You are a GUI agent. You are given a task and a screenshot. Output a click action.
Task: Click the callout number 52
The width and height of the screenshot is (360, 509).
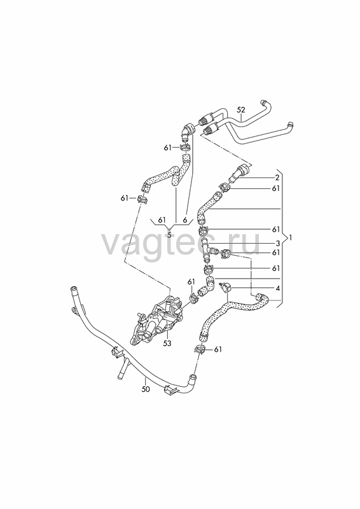point(240,110)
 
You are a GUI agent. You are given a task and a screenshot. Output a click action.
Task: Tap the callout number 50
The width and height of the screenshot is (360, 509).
point(146,389)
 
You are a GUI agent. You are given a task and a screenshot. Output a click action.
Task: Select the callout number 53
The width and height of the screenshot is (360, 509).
point(167,343)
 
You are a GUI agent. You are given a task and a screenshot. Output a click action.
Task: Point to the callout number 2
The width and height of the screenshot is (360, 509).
point(277,178)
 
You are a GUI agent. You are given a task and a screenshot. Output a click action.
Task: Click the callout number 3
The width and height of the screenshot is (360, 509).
point(277,243)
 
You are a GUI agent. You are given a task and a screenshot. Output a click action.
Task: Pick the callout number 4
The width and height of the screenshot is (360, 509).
point(277,288)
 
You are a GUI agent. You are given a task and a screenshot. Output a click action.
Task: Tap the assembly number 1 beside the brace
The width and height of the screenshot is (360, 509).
point(291,238)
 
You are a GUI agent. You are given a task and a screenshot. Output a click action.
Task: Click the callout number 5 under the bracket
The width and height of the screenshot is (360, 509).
point(169,235)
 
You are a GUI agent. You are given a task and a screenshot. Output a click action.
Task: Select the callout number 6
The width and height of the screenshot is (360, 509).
point(184,220)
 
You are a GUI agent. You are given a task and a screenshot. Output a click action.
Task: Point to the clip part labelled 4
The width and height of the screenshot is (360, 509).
point(226,288)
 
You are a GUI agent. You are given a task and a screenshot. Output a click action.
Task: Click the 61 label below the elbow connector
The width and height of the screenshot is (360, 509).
point(167,148)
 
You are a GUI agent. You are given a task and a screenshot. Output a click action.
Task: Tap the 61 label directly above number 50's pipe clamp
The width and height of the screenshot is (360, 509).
point(218,349)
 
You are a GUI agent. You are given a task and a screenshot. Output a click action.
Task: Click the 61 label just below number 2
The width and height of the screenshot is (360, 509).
point(276,188)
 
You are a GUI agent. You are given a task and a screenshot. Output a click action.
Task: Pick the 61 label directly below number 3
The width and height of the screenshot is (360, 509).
point(276,252)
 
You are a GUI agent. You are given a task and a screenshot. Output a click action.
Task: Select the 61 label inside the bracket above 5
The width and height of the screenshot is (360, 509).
point(162,220)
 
